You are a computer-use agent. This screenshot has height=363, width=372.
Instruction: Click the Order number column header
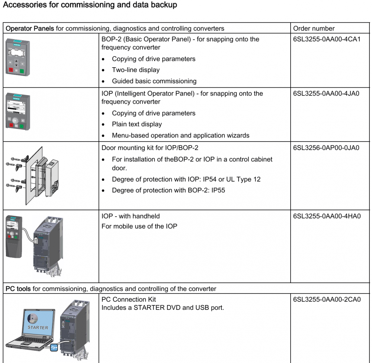click(314, 29)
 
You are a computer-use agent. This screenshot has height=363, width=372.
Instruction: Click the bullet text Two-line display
click(135, 70)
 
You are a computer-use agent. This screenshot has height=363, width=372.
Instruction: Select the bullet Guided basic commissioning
click(154, 81)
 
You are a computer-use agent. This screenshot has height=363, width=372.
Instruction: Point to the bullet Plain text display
click(137, 124)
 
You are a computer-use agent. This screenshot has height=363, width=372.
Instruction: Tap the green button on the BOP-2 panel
click(22, 70)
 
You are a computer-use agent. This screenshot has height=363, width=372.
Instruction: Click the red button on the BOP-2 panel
click(11, 70)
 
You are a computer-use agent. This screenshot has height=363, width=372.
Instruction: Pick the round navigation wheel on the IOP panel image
click(16, 120)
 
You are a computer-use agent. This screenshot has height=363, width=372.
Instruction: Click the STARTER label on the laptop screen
click(38, 327)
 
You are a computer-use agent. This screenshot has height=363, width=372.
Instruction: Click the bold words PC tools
click(18, 289)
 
